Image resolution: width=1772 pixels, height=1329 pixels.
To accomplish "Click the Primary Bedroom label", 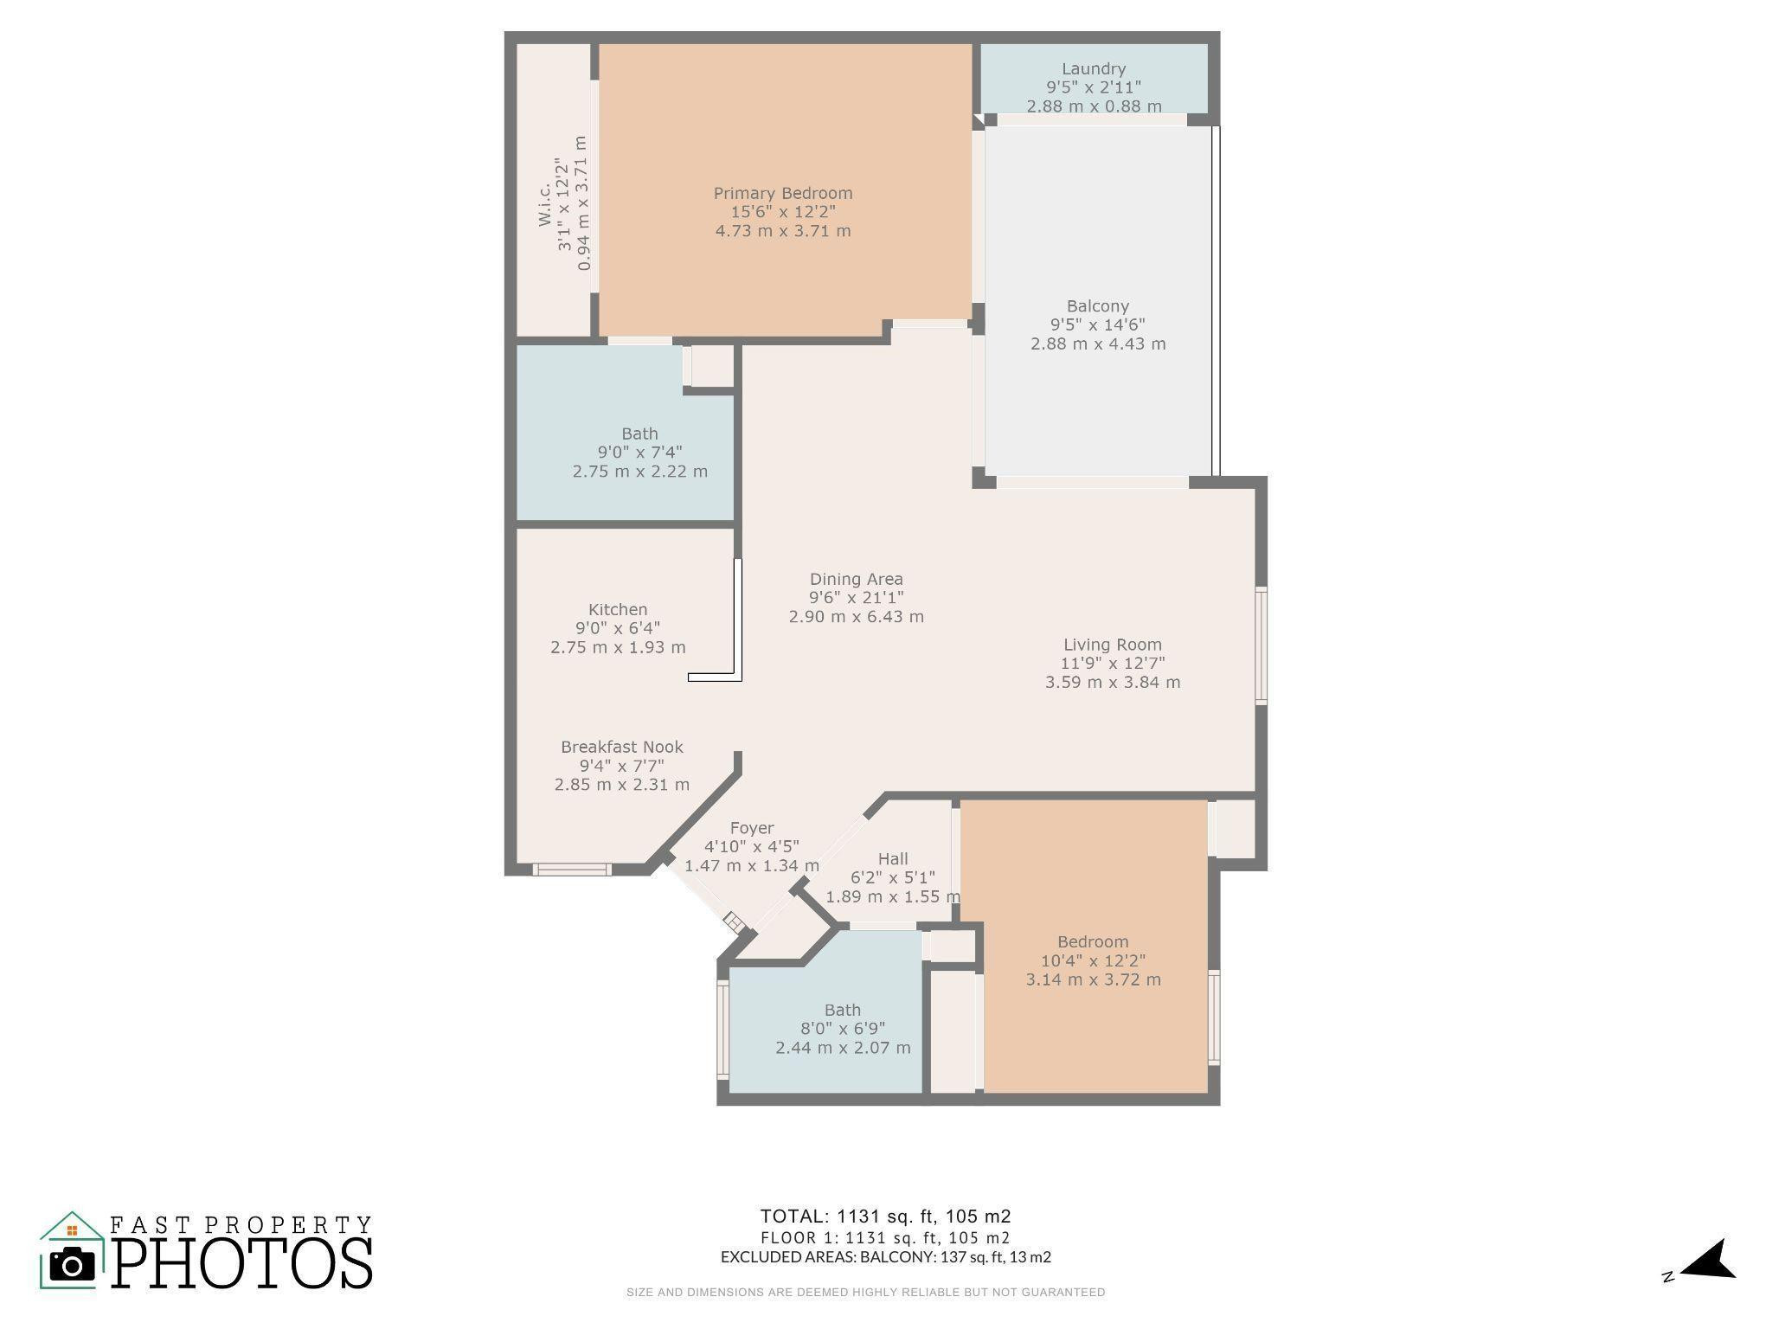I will (x=782, y=193).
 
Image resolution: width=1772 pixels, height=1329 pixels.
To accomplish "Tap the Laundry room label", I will (x=1094, y=68).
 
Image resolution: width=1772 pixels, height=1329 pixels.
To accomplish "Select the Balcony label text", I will (x=1097, y=305).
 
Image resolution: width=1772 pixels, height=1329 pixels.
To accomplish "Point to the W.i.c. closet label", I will (x=545, y=204).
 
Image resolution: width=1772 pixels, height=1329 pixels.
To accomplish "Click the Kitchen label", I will (x=618, y=609).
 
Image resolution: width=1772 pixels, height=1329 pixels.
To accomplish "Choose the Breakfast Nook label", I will (x=621, y=747).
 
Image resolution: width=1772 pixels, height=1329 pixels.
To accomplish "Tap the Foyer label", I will (x=751, y=828).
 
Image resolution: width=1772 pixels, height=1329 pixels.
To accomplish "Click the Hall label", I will (x=893, y=858).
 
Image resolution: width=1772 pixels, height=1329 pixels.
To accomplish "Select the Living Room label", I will (x=1112, y=645).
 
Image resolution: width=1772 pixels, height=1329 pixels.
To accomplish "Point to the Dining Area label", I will (x=856, y=579).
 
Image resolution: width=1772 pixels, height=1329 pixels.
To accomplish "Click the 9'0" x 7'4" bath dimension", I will (x=639, y=453).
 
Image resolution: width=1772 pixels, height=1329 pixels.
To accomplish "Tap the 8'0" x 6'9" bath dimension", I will (x=842, y=1029).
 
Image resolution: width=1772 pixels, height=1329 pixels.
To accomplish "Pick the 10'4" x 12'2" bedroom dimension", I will (x=1093, y=960).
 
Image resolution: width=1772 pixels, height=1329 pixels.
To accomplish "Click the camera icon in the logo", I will (x=72, y=1265).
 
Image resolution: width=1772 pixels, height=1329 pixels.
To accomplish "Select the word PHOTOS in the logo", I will (x=242, y=1263).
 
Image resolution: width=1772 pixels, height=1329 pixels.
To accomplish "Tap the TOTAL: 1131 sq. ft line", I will (x=885, y=1216).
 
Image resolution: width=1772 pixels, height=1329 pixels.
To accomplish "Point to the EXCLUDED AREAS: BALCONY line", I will (x=885, y=1257).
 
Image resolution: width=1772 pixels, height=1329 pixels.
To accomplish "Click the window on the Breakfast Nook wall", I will (x=571, y=869).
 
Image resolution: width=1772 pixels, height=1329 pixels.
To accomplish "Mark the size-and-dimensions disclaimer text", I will (x=865, y=1293).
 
